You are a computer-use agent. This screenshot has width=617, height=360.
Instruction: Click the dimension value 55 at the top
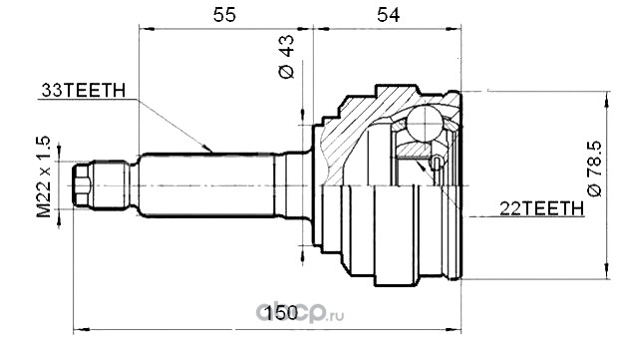coord(224,15)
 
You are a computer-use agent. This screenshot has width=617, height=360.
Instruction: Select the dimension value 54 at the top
coord(388,15)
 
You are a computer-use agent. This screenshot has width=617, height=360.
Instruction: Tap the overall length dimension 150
coord(282,313)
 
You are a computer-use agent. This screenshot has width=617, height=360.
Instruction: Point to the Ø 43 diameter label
coord(286,56)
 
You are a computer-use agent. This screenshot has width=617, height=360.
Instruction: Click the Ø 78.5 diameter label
coord(594,168)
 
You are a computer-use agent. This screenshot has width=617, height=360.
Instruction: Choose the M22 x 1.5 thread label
coord(44,177)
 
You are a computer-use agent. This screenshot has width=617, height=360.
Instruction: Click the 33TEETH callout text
coord(84,91)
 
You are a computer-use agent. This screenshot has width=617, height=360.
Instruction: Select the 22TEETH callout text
coord(542,208)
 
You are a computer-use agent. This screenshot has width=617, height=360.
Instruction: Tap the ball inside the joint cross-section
coord(425,123)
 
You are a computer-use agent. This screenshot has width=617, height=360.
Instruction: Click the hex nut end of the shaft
coord(82,185)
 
